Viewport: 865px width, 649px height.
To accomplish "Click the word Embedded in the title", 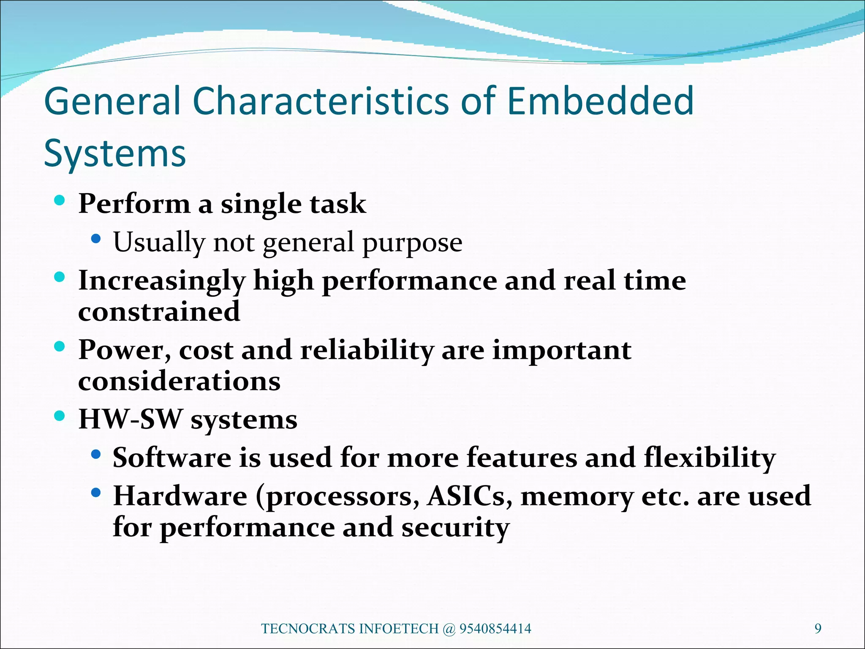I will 600,101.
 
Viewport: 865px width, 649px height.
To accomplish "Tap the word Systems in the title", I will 115,154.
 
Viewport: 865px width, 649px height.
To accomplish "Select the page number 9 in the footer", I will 818,629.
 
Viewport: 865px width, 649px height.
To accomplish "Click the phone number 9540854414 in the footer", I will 495,629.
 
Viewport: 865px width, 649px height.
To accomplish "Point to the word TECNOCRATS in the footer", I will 308,629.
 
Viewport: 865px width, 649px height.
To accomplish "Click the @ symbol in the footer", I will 449,629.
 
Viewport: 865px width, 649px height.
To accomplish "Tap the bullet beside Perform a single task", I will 60,200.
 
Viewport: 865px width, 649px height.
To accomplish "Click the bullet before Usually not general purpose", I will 96,239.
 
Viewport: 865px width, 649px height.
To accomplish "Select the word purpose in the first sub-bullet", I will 412,243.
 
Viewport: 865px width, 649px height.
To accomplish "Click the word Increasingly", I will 162,281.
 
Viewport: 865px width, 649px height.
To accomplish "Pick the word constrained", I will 159,312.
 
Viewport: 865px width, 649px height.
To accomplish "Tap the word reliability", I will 367,351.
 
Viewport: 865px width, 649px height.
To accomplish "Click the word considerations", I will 179,382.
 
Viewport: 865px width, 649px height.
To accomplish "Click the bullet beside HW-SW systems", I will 60,416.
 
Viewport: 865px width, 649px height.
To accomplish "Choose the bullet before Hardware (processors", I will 96,493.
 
